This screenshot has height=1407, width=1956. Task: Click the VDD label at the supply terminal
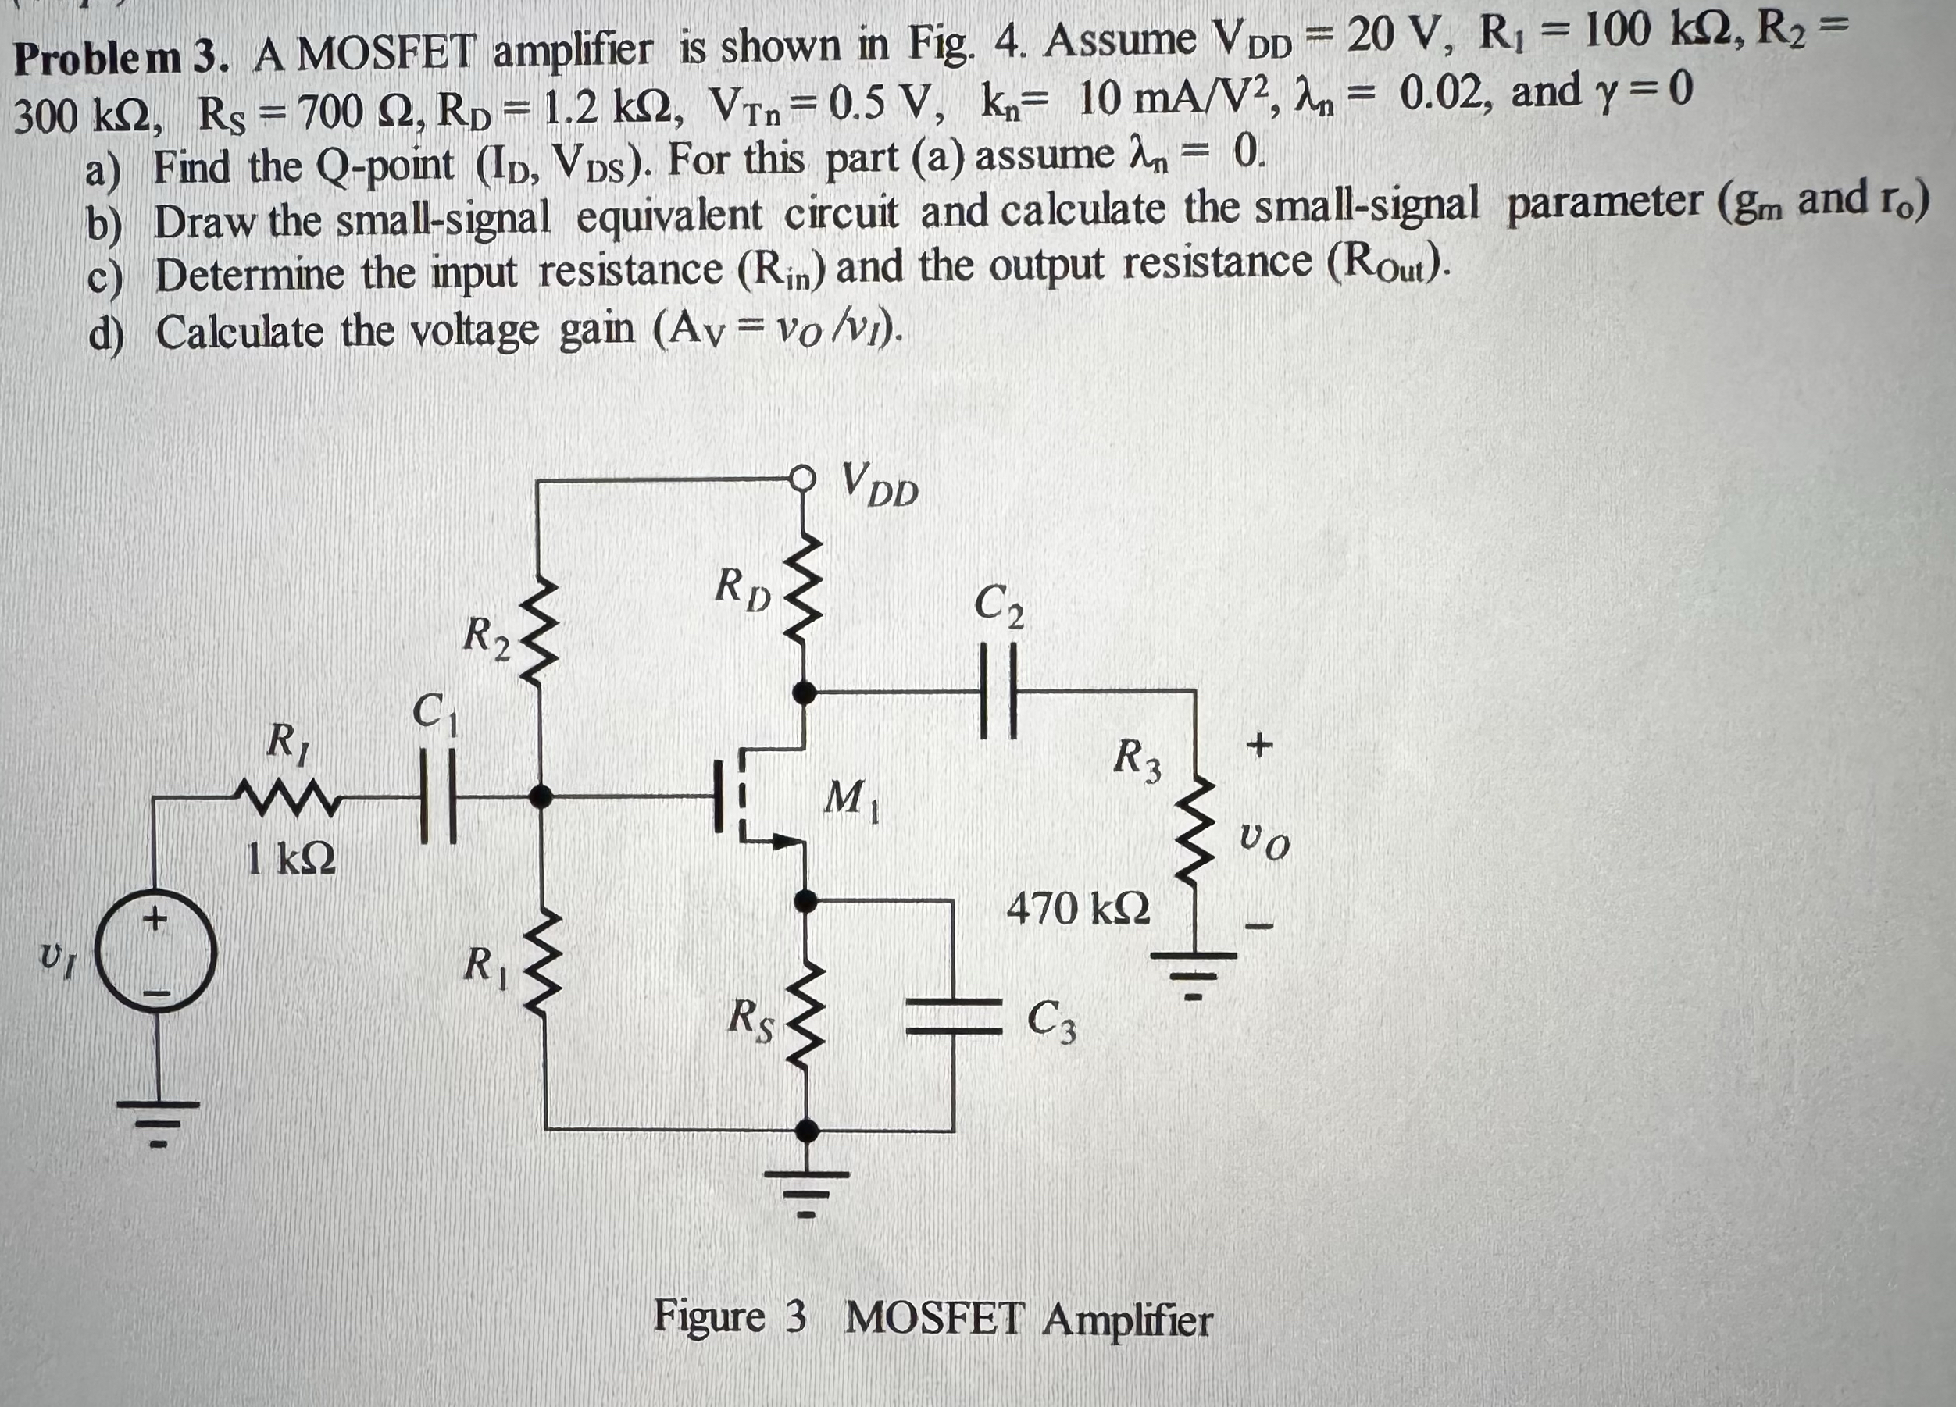pos(880,485)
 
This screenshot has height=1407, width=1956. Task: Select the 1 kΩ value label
pos(291,859)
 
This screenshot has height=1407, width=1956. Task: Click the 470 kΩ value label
pos(1078,909)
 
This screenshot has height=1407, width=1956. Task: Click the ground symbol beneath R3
pos(1194,970)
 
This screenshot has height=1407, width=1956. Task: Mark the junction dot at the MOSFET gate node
pos(541,796)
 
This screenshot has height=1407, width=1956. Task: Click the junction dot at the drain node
pos(805,690)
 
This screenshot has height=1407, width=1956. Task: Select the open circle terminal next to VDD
pos(803,477)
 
